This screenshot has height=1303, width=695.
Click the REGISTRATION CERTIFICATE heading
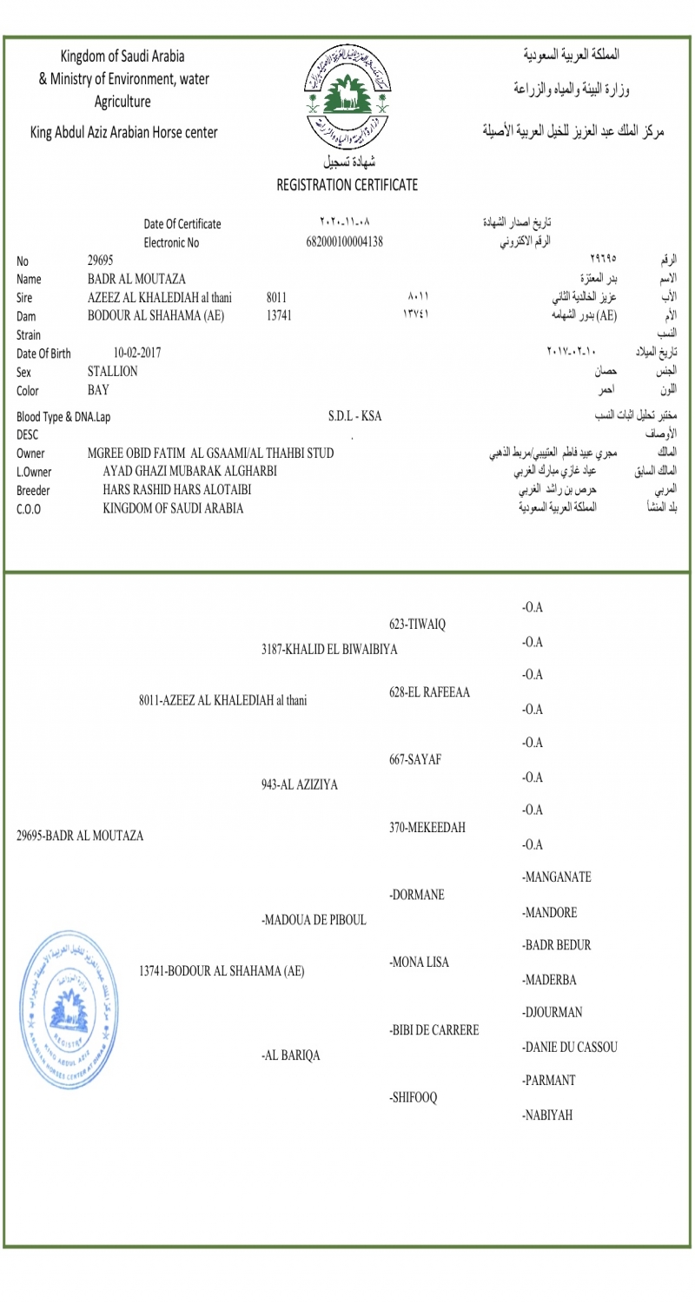tap(347, 184)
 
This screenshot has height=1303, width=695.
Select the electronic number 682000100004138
tap(345, 241)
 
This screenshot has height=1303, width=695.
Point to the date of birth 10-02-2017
tap(137, 353)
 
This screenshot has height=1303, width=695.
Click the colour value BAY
tap(99, 389)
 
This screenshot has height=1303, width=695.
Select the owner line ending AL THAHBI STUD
tap(211, 453)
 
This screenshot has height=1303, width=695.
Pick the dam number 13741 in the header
tap(278, 315)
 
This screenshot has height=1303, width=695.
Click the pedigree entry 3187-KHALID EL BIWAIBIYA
tap(329, 650)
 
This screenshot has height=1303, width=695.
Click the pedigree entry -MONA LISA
tap(420, 962)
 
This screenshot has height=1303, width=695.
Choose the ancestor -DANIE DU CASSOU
tap(570, 1048)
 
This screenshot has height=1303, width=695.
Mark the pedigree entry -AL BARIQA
tap(290, 1055)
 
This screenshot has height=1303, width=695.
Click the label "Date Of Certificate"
tap(182, 224)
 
